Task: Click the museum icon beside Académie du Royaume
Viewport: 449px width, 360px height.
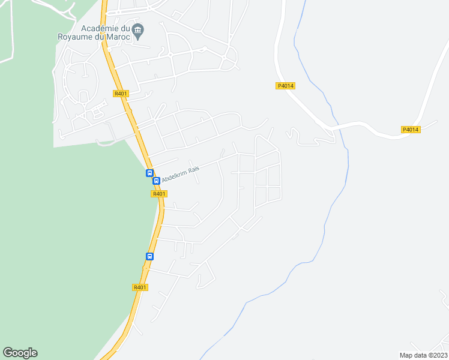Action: point(138,30)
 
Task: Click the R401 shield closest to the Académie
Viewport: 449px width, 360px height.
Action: point(121,93)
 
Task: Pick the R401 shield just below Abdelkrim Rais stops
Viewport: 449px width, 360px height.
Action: point(159,194)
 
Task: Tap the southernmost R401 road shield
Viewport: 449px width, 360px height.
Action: point(140,287)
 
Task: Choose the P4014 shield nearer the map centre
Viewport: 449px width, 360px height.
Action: point(286,86)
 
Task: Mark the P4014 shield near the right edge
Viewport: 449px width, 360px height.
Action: point(411,130)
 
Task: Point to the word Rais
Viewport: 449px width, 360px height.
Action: point(194,169)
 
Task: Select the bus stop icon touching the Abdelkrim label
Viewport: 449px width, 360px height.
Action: point(156,181)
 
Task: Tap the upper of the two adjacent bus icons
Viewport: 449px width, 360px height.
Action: point(149,173)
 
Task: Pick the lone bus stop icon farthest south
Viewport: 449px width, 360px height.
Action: point(149,256)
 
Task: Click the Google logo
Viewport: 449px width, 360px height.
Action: point(20,353)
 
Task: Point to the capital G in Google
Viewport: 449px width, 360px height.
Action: point(8,352)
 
